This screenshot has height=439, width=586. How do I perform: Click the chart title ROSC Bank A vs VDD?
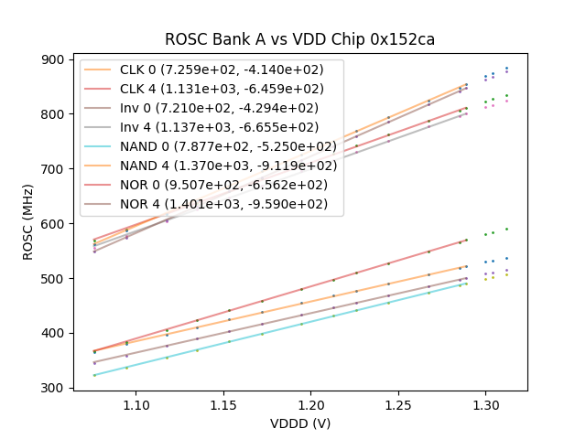[299, 39]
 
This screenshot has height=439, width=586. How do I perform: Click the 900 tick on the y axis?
[53, 59]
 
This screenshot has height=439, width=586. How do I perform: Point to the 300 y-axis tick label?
[53, 388]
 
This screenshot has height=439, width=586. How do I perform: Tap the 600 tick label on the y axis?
[53, 223]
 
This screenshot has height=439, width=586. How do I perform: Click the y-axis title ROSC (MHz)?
[28, 225]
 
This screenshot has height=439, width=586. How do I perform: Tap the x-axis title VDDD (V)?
[299, 423]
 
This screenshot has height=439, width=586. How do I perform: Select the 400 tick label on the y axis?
[53, 333]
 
